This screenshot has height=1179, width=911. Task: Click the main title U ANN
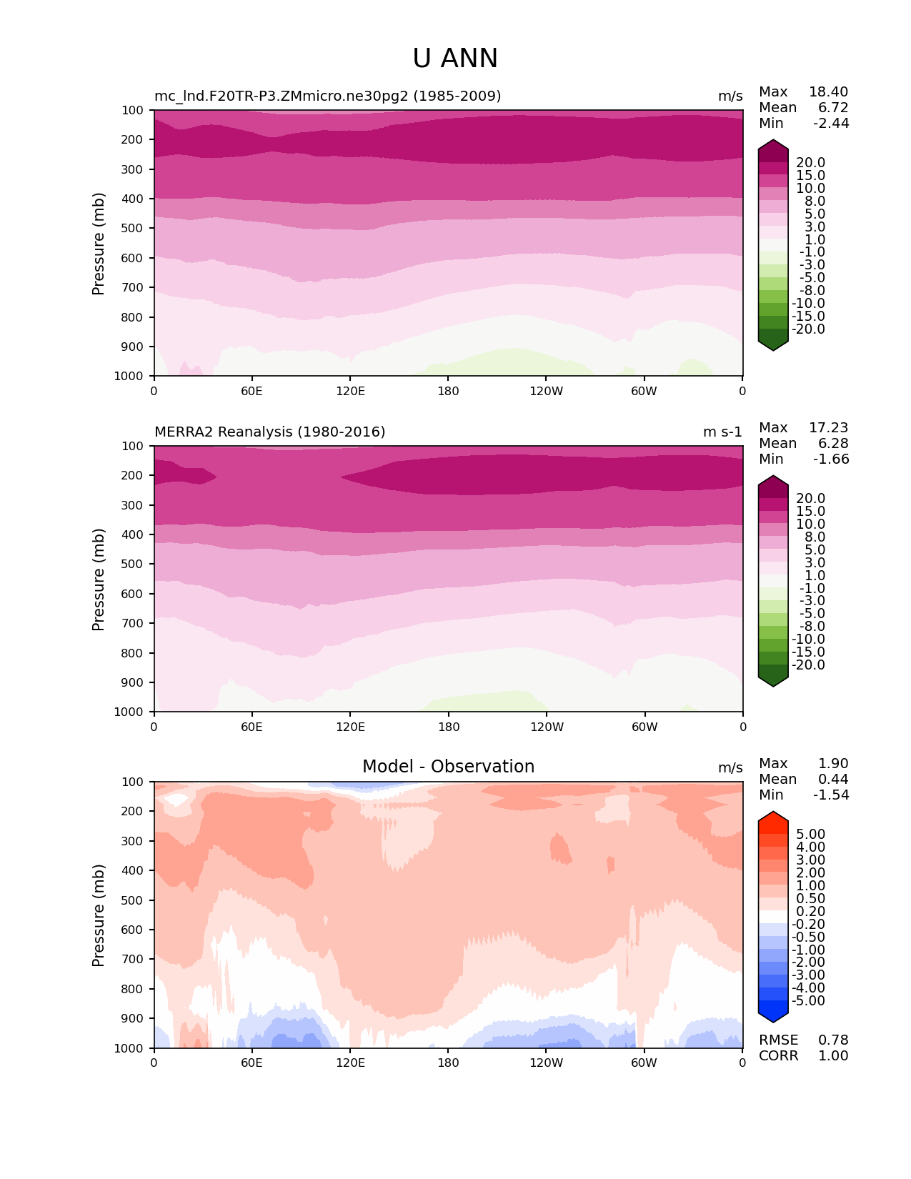(x=455, y=59)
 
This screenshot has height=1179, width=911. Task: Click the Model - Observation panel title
(x=448, y=767)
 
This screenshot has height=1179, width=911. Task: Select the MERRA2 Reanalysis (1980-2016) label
(x=270, y=432)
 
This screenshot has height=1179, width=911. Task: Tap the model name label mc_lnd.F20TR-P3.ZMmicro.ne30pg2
(x=327, y=96)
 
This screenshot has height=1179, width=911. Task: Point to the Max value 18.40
(x=828, y=91)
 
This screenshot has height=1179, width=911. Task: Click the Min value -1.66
(x=831, y=459)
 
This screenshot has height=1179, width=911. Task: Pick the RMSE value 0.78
(x=833, y=1040)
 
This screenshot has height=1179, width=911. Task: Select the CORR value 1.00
(x=833, y=1055)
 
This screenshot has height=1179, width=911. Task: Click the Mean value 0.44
(x=833, y=779)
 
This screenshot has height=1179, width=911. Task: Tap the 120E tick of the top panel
(x=350, y=391)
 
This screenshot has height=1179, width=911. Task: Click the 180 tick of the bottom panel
(x=448, y=1063)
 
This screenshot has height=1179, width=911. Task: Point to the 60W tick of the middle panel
(x=644, y=727)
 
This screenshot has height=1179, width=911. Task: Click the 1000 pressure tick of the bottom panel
(x=129, y=1048)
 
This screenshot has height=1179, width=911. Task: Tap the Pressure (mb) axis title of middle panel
(x=99, y=579)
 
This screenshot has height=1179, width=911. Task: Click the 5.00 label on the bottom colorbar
(x=810, y=835)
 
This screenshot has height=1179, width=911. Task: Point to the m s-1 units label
(x=722, y=432)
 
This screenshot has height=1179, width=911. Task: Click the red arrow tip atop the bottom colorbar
(x=773, y=817)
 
